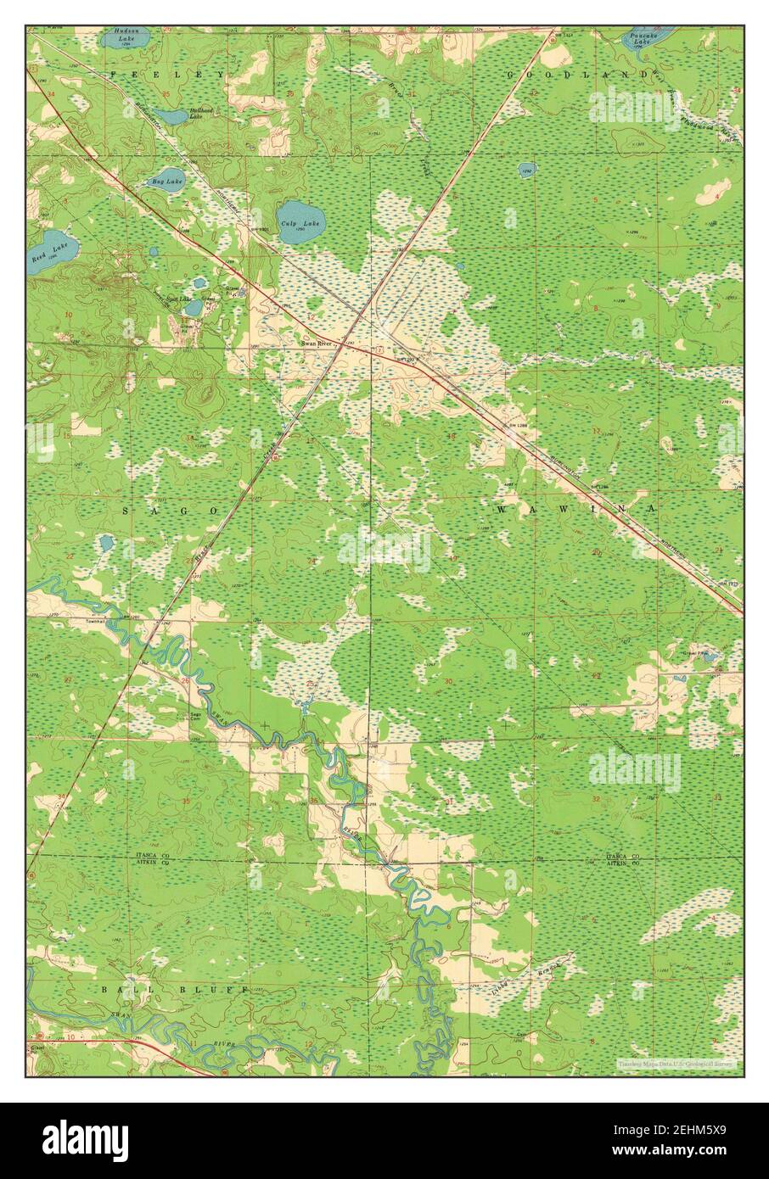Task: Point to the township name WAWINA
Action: point(576,509)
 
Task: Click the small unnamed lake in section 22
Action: point(106,542)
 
